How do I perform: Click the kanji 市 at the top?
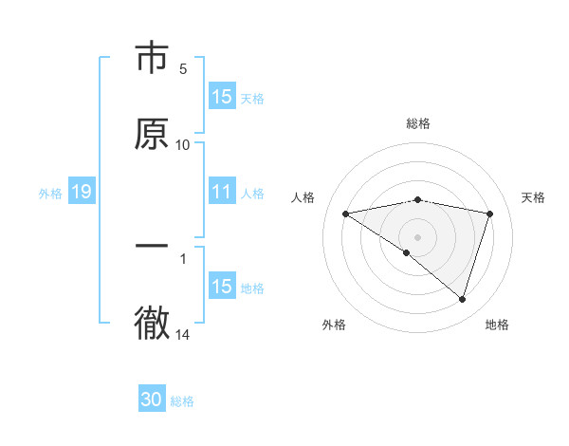(152, 59)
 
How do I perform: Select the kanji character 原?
(152, 134)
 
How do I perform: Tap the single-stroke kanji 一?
(152, 246)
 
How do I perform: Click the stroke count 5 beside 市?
(183, 68)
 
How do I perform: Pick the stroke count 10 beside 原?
(183, 145)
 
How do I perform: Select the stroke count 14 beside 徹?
(183, 335)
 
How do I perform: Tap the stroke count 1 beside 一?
(183, 257)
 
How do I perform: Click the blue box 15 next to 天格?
(222, 97)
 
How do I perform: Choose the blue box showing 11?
(222, 192)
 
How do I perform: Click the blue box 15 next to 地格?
(222, 287)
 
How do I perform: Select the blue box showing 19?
(81, 192)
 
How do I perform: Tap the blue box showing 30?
(152, 400)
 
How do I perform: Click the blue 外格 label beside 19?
(50, 193)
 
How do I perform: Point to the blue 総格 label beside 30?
(182, 401)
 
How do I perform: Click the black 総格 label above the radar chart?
(418, 123)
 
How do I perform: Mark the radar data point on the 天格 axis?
(490, 214)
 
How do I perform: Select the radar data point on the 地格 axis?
(463, 299)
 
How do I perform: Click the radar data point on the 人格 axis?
(346, 214)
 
